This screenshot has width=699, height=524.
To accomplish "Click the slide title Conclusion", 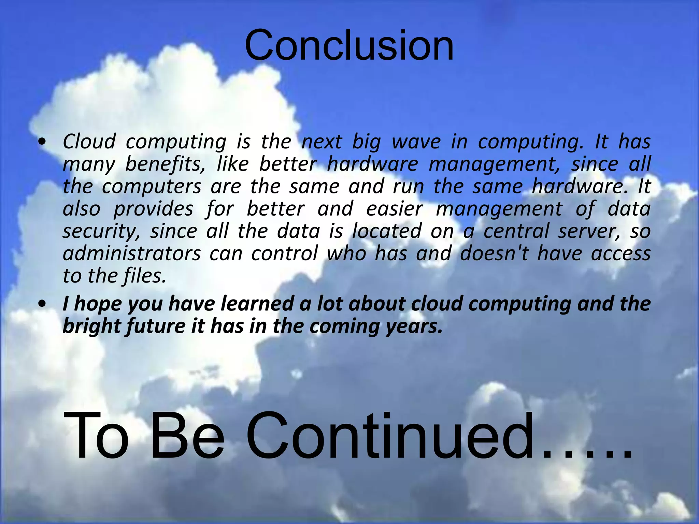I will point(349,46).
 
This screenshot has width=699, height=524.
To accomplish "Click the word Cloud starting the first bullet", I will point(89,142).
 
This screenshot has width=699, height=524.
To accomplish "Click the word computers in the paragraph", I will point(152,187).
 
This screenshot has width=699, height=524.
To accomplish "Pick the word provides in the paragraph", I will point(153,209).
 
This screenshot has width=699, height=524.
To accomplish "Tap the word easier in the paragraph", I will point(394,209).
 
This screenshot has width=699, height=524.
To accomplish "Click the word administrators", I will point(132,253).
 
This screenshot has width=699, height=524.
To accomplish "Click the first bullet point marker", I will point(42,142).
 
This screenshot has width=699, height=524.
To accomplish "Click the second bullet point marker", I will point(42,304).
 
